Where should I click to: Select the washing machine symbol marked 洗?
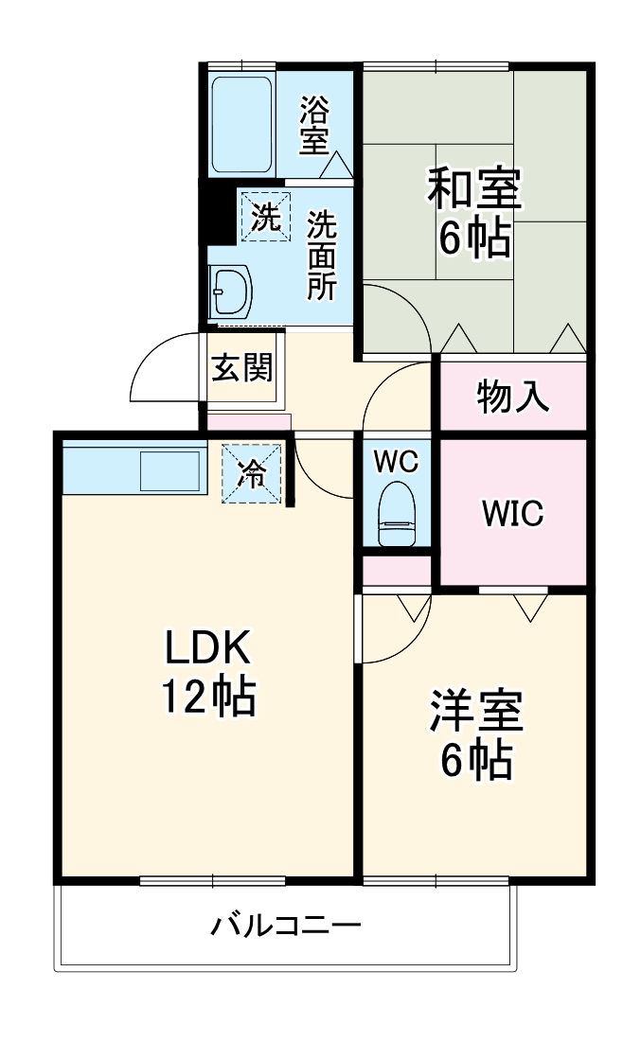click(x=265, y=217)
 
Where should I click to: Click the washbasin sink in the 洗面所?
click(x=230, y=291)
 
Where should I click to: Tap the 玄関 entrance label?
click(x=241, y=368)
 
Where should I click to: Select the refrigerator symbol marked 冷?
click(x=251, y=471)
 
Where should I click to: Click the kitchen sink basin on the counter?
click(x=169, y=470)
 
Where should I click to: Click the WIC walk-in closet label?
click(x=511, y=514)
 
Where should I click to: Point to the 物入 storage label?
click(x=512, y=397)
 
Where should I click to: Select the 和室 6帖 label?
click(x=473, y=213)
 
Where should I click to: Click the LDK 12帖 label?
click(x=208, y=672)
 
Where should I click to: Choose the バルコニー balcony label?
click(x=285, y=923)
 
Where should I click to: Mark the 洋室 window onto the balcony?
click(x=436, y=880)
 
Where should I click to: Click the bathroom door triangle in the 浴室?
click(x=335, y=167)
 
